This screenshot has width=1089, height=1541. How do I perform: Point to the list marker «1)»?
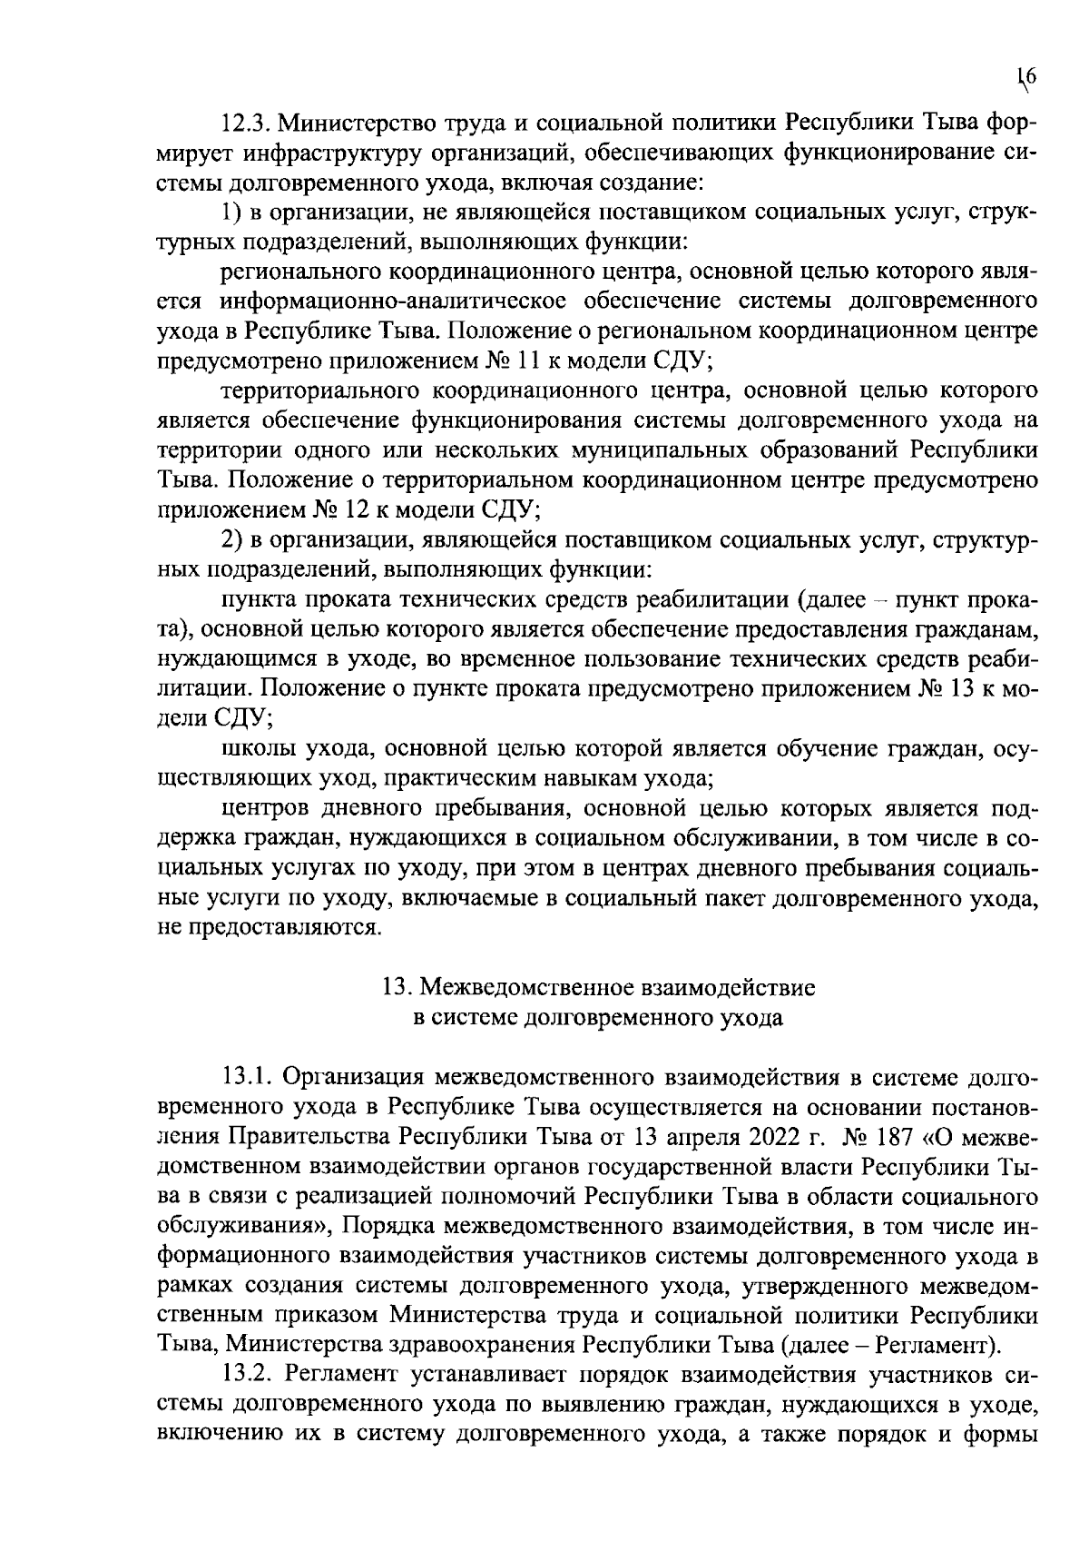coord(231,212)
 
